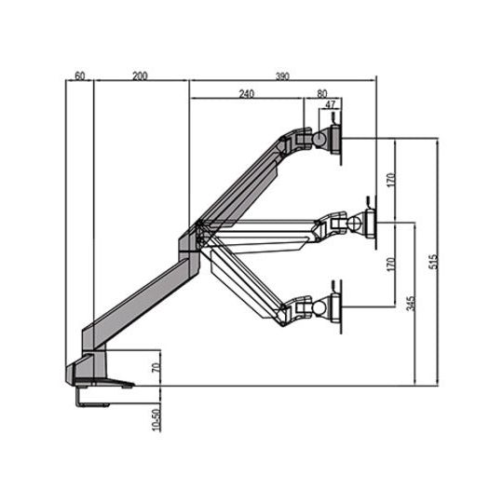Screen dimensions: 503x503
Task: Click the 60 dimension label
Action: point(80,75)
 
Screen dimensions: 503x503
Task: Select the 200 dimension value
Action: point(140,75)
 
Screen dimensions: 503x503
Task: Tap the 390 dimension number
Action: point(282,75)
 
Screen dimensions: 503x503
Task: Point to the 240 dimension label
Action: point(246,93)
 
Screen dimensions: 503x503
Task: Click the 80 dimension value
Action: point(321,93)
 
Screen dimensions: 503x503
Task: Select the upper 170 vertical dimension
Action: point(392,179)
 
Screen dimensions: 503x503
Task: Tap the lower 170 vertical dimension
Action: point(392,264)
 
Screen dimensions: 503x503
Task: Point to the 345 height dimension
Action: point(412,303)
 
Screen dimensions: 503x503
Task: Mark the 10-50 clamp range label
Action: point(156,416)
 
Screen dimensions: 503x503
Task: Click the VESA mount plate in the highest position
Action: point(338,138)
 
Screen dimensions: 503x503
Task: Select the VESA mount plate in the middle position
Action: point(372,224)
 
